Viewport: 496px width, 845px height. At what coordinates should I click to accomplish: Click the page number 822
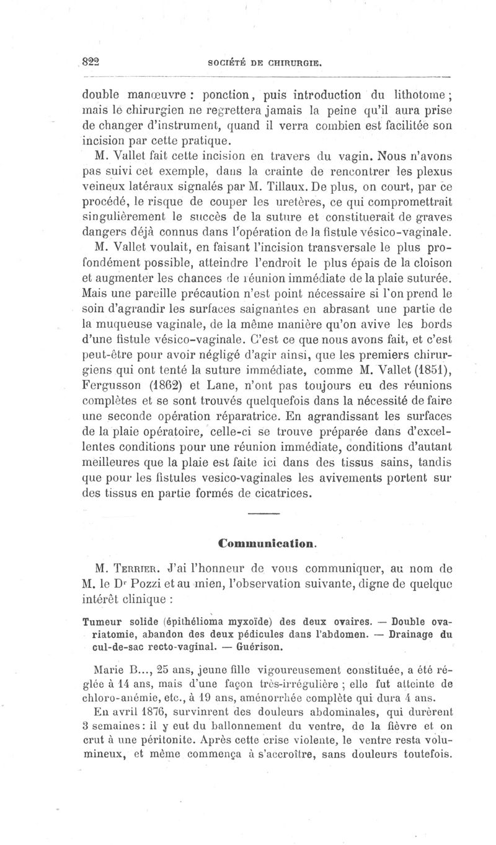(x=91, y=63)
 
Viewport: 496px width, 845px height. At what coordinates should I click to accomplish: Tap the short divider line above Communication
(x=264, y=515)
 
